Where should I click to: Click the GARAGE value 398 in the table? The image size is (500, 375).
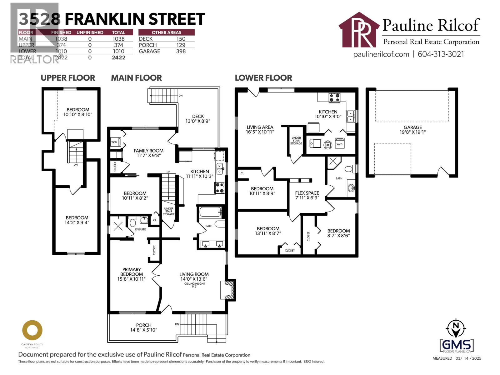pyautogui.click(x=181, y=51)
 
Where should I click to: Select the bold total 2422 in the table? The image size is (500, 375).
pyautogui.click(x=118, y=57)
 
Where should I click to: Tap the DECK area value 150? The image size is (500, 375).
pyautogui.click(x=181, y=39)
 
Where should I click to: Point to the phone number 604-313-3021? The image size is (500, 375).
pyautogui.click(x=441, y=54)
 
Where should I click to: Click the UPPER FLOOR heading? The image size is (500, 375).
pyautogui.click(x=68, y=78)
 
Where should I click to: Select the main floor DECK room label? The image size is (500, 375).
pyautogui.click(x=198, y=118)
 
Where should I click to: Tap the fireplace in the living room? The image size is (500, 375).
pyautogui.click(x=228, y=290)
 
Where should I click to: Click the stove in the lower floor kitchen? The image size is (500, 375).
pyautogui.click(x=334, y=98)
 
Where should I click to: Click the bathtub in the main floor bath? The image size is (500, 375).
pyautogui.click(x=210, y=212)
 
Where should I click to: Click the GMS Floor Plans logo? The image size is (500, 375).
pyautogui.click(x=457, y=345)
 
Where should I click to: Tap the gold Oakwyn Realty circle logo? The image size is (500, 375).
pyautogui.click(x=32, y=330)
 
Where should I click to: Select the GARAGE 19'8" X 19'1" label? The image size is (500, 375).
pyautogui.click(x=412, y=129)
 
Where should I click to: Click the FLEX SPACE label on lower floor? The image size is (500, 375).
pyautogui.click(x=307, y=195)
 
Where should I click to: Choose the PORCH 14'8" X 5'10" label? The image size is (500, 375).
pyautogui.click(x=144, y=327)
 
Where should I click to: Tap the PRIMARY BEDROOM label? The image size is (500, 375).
pyautogui.click(x=132, y=274)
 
